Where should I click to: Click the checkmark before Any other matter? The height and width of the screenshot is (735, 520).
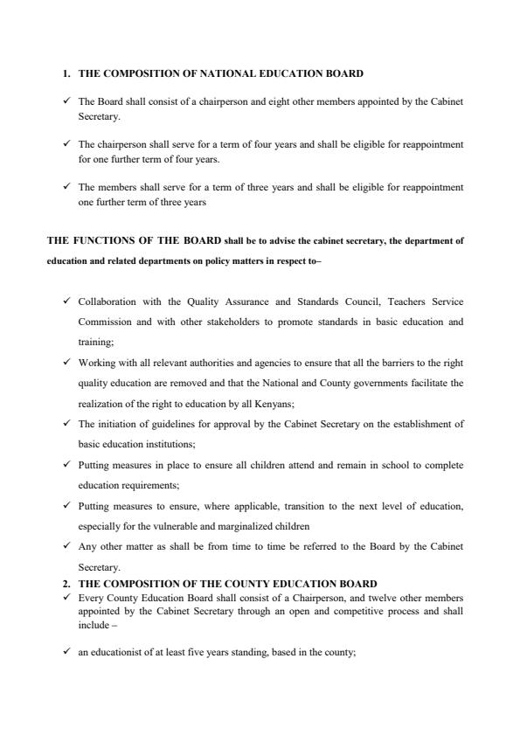66,546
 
